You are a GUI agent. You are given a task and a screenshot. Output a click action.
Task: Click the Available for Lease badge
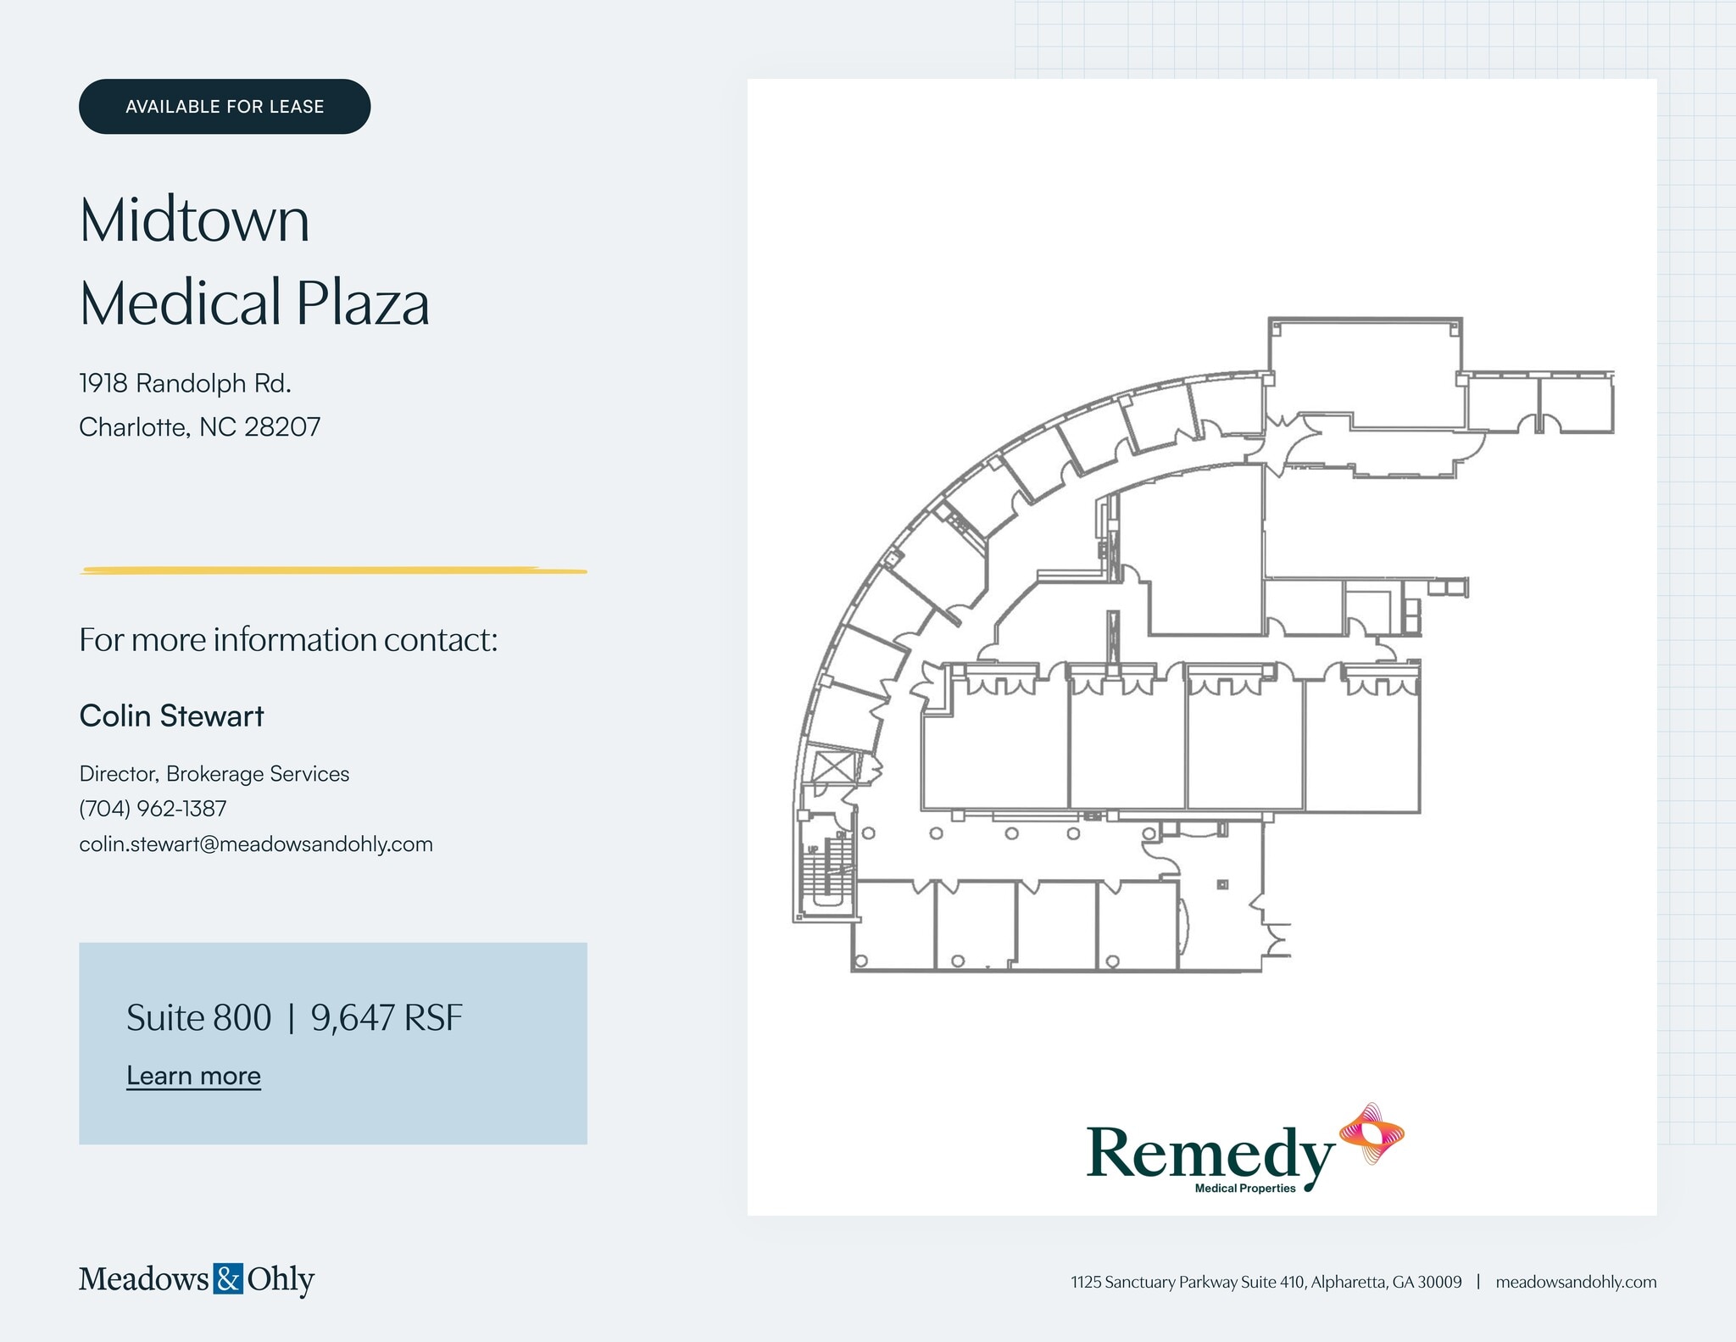[x=225, y=107]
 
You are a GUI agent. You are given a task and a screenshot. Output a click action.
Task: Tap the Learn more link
[x=193, y=1075]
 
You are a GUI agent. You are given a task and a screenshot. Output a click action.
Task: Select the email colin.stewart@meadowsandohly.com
[x=256, y=844]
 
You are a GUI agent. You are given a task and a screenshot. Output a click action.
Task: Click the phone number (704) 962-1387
[x=153, y=809]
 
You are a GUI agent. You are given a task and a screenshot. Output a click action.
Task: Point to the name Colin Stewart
[x=171, y=716]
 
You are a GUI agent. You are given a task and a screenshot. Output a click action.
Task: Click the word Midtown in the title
[x=194, y=220]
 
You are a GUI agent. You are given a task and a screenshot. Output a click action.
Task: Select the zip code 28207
[x=282, y=426]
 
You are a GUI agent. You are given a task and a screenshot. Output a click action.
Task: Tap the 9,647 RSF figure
[x=387, y=1017]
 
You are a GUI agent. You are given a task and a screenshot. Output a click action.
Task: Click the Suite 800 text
[x=198, y=1017]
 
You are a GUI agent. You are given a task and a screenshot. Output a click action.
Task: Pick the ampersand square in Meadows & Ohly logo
[x=228, y=1278]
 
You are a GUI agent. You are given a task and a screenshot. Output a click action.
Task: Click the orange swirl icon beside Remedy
[x=1371, y=1133]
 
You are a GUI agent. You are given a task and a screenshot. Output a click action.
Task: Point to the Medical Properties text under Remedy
[x=1245, y=1189]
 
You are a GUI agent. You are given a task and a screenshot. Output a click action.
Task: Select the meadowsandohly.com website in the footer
[x=1576, y=1282]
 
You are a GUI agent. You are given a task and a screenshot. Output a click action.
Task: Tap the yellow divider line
[x=333, y=571]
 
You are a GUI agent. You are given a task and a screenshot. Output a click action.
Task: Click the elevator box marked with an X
[x=831, y=767]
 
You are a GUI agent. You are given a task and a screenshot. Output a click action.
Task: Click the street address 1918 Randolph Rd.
[x=185, y=383]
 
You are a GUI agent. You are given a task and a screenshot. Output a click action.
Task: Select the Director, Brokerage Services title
[x=214, y=774]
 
